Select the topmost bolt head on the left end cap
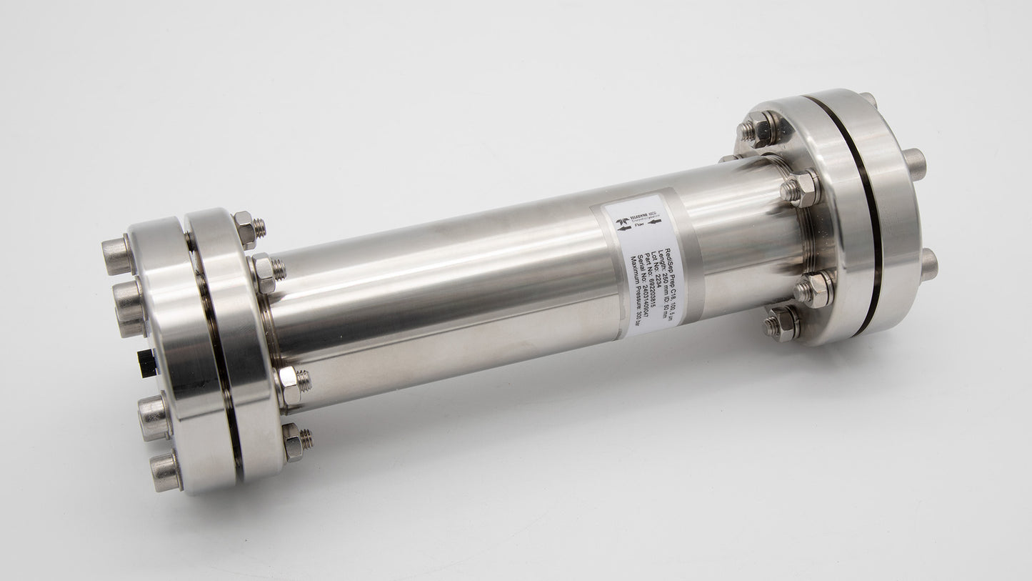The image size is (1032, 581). tap(117, 254)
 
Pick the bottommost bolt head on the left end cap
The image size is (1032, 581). tap(165, 472)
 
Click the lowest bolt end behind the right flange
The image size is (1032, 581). tap(928, 264)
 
